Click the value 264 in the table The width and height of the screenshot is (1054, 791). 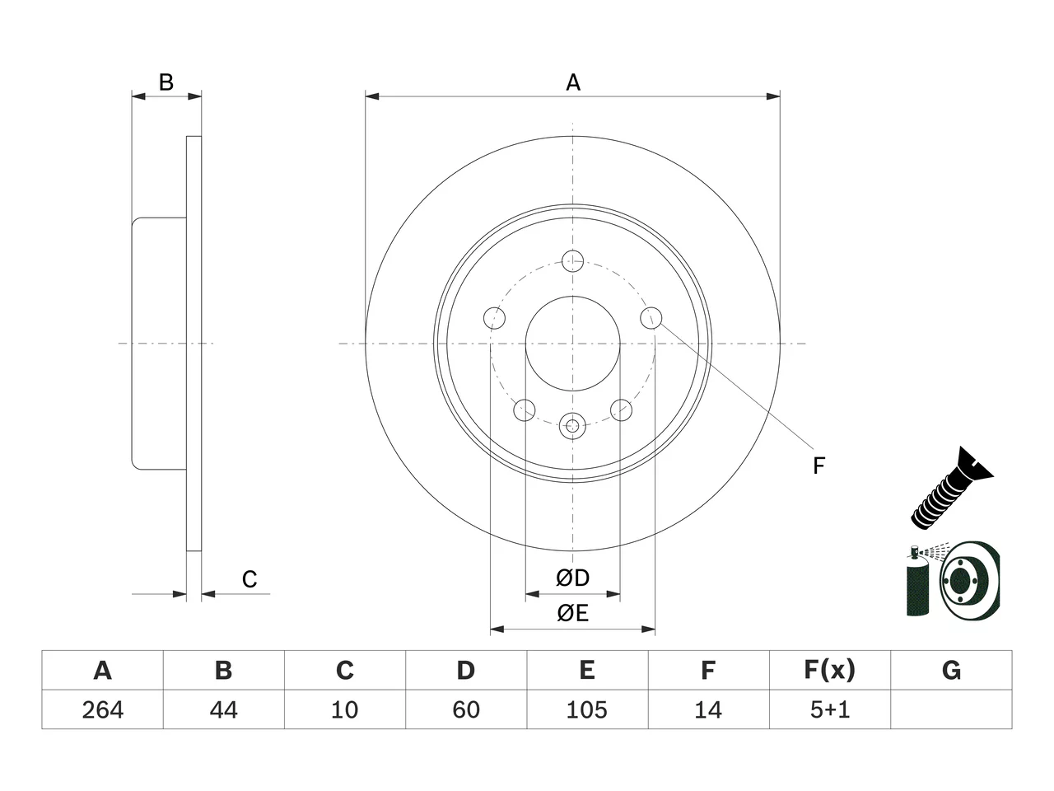(103, 709)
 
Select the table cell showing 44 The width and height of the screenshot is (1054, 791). (224, 709)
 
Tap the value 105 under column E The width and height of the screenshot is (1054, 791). (587, 709)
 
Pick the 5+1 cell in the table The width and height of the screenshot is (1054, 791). (830, 709)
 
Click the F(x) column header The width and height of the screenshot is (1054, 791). (830, 670)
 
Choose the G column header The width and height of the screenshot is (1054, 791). (951, 670)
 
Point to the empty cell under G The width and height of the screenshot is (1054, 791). (951, 709)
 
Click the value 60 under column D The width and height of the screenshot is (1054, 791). (466, 709)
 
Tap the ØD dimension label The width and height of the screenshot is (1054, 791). (572, 578)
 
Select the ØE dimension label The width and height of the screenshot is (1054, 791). (572, 613)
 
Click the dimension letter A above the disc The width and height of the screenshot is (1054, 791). (573, 82)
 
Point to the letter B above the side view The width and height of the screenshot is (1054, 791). (166, 82)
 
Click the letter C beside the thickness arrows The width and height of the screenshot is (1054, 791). (250, 579)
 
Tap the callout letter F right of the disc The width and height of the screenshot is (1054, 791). (818, 466)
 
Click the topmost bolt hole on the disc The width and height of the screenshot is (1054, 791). (572, 261)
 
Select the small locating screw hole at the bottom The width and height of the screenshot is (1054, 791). (572, 425)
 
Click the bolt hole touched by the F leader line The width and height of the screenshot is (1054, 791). (651, 318)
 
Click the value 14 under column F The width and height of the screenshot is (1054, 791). (708, 709)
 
